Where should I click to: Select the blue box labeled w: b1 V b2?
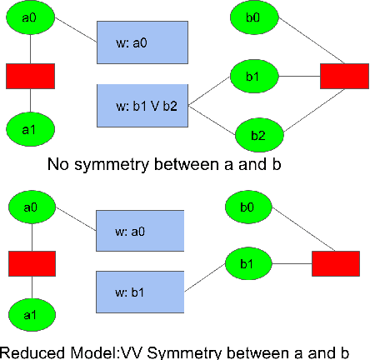click(142, 105)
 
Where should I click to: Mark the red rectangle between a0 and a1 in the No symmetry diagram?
click(31, 76)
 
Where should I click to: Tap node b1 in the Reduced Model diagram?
click(248, 265)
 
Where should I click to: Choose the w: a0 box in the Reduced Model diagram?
click(140, 230)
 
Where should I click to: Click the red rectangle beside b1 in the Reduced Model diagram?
click(337, 264)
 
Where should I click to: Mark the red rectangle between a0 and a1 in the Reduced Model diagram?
click(32, 264)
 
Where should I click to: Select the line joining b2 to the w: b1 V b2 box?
click(212, 119)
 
